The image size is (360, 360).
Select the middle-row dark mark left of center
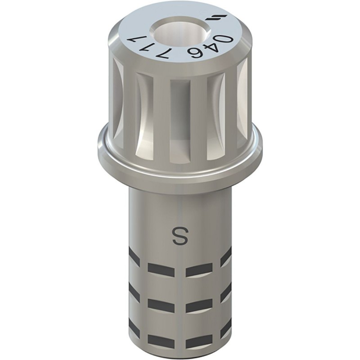161,306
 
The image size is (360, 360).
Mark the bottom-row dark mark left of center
161,342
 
